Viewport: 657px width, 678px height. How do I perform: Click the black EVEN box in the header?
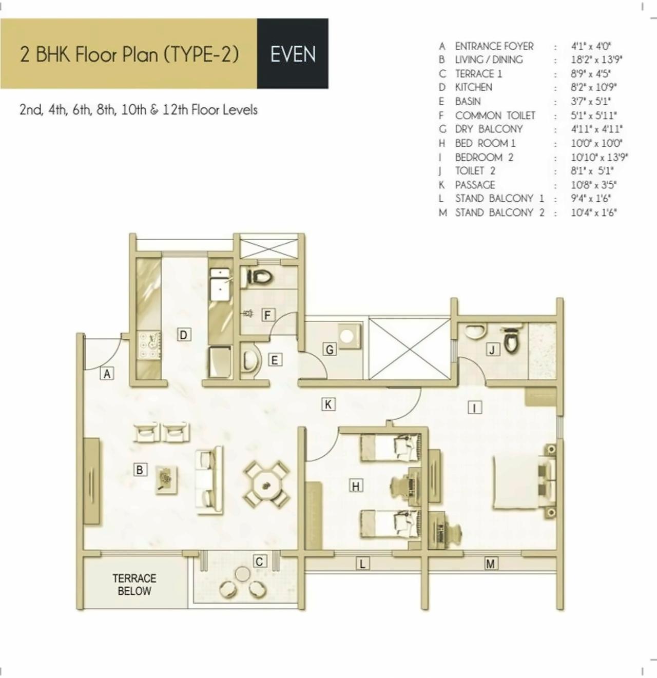(x=293, y=54)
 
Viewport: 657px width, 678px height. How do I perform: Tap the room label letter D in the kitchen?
(x=184, y=335)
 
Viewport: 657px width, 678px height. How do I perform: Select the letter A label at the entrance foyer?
(x=107, y=374)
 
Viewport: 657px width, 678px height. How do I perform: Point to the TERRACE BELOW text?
(x=134, y=585)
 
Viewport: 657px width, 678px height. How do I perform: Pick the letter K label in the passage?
(x=328, y=404)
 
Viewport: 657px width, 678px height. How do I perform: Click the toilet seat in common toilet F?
(x=261, y=277)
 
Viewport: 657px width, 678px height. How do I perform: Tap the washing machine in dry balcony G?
(x=347, y=337)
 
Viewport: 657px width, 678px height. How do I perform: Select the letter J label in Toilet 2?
(x=493, y=350)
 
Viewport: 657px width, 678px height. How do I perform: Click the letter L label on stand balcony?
(x=362, y=564)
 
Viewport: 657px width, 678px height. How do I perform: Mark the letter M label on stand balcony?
(x=490, y=564)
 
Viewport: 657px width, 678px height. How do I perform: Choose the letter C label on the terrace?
(x=259, y=561)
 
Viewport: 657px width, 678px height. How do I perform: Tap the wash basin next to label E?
(x=249, y=361)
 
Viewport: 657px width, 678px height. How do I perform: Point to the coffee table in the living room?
(x=166, y=479)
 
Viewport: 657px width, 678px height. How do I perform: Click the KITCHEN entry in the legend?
(x=473, y=88)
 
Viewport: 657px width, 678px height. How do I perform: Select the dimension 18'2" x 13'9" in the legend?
(x=596, y=60)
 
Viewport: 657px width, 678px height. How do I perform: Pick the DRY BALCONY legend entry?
(x=489, y=129)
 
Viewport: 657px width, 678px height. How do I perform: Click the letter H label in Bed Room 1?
(x=356, y=486)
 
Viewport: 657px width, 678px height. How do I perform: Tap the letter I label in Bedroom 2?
(x=475, y=408)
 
